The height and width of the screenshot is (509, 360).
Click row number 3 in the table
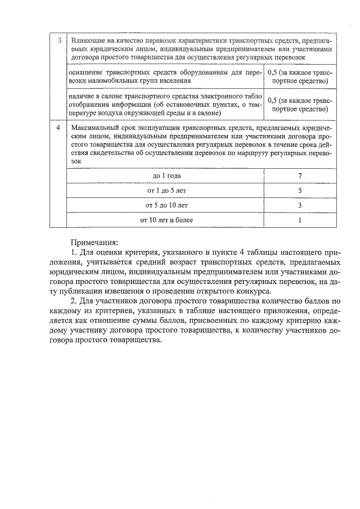pos(58,40)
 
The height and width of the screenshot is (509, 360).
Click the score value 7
pos(300,176)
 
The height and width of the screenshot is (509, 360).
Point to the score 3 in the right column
pos(300,205)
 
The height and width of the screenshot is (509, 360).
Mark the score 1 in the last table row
pos(300,220)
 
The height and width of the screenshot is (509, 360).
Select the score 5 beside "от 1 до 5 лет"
pos(300,191)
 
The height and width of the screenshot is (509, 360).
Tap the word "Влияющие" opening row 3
pos(87,40)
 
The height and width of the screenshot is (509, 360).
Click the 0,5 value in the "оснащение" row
pos(272,73)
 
